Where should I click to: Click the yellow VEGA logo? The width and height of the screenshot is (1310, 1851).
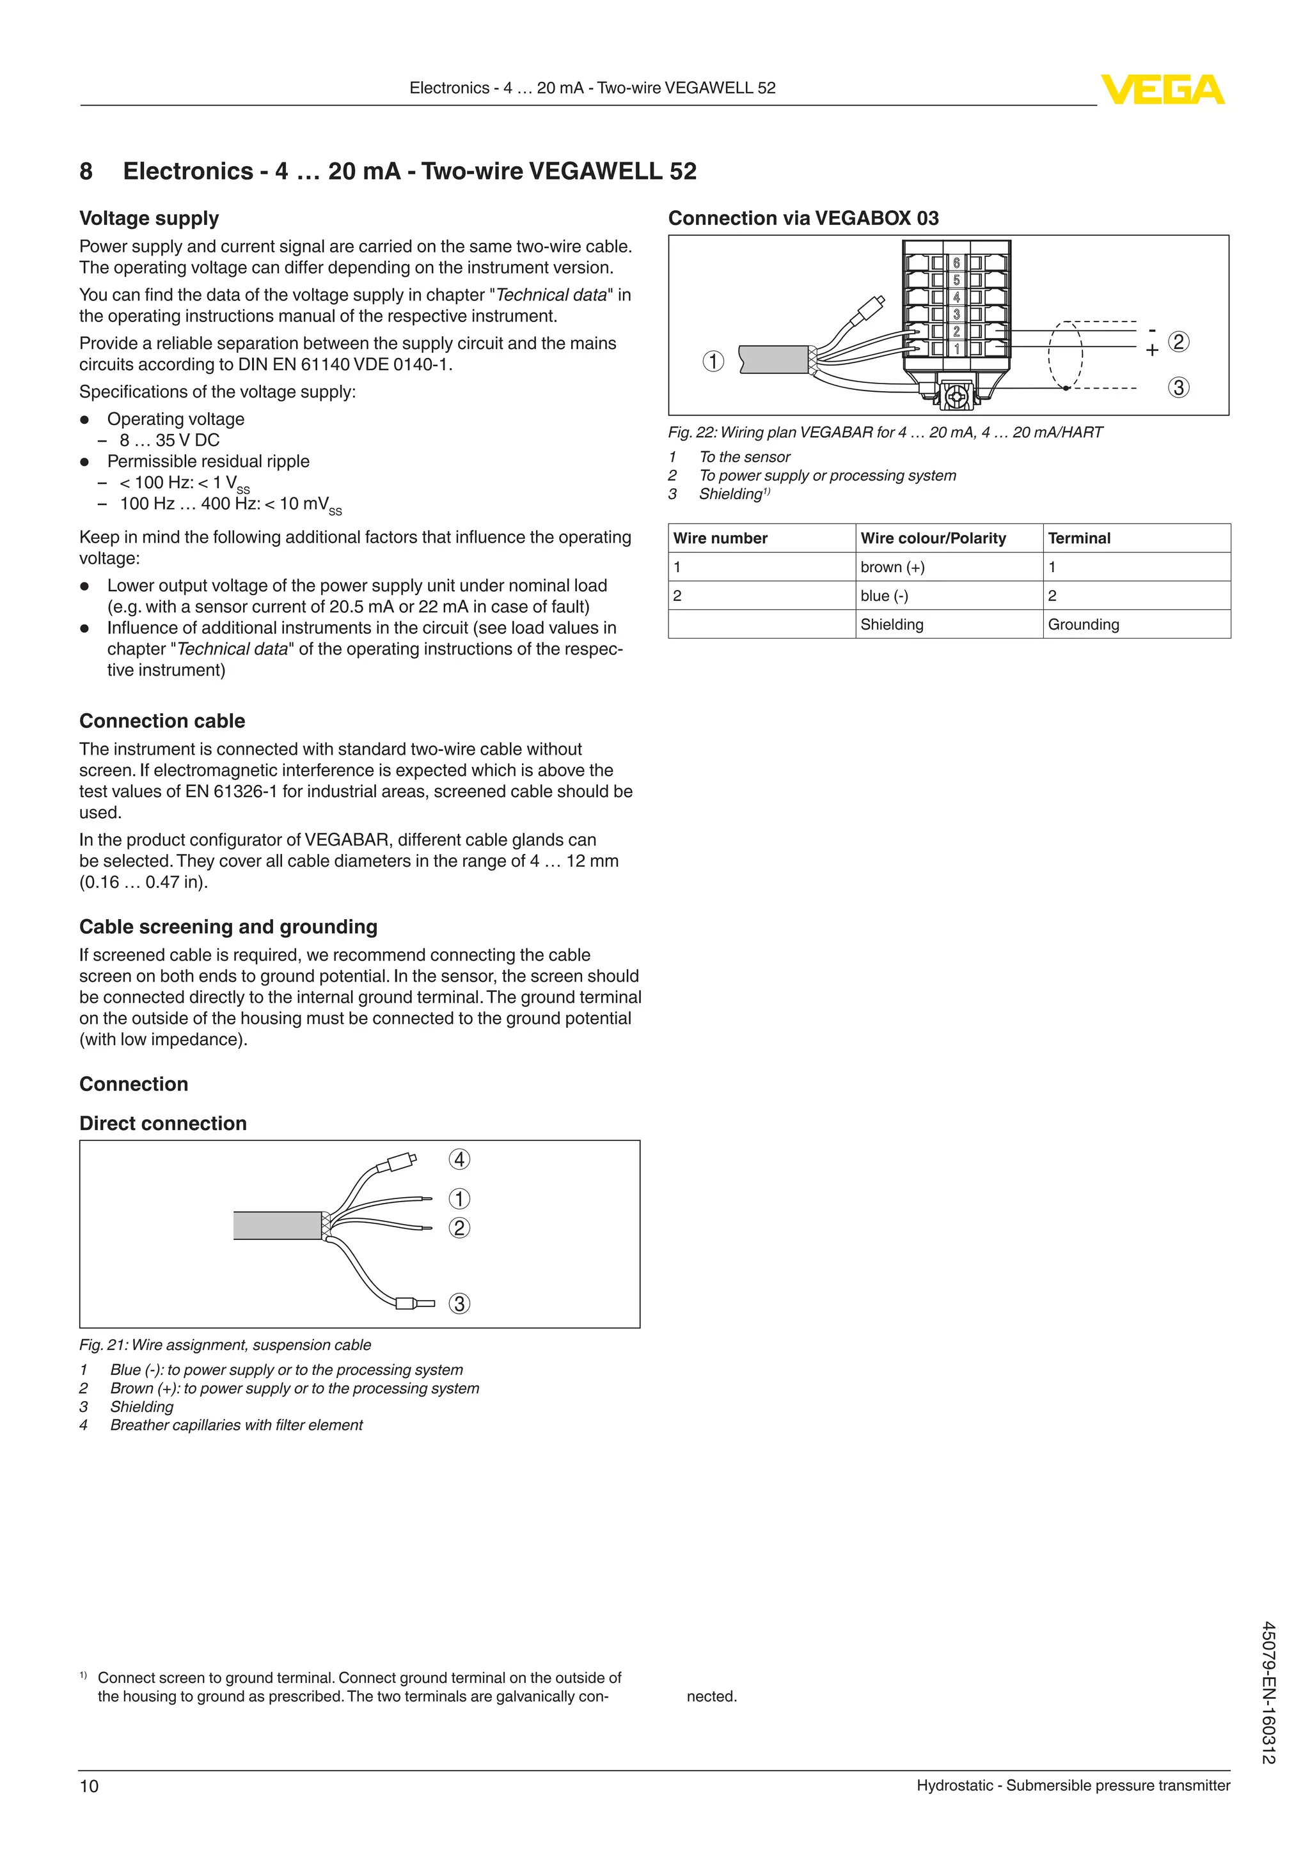pos(1162,89)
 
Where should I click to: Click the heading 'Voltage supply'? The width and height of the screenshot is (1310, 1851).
pos(149,219)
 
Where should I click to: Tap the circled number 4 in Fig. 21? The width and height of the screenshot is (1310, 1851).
pos(459,1159)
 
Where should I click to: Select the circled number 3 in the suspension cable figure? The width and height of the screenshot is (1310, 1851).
pos(459,1304)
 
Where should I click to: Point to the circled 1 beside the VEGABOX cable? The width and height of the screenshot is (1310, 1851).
pos(713,360)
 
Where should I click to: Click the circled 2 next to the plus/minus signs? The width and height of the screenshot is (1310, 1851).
pos(1178,342)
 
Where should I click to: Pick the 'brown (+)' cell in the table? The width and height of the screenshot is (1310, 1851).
pos(892,567)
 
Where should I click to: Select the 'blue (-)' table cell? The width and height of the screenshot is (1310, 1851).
pos(884,596)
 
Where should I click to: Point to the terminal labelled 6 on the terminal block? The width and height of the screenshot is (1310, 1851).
pos(957,263)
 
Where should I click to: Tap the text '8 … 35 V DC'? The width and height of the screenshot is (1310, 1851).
pos(170,440)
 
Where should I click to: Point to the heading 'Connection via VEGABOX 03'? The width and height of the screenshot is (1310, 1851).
pos(803,218)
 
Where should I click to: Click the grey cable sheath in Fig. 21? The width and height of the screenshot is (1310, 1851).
pos(277,1225)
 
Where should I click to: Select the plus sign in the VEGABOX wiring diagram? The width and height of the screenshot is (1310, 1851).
pos(1152,351)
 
